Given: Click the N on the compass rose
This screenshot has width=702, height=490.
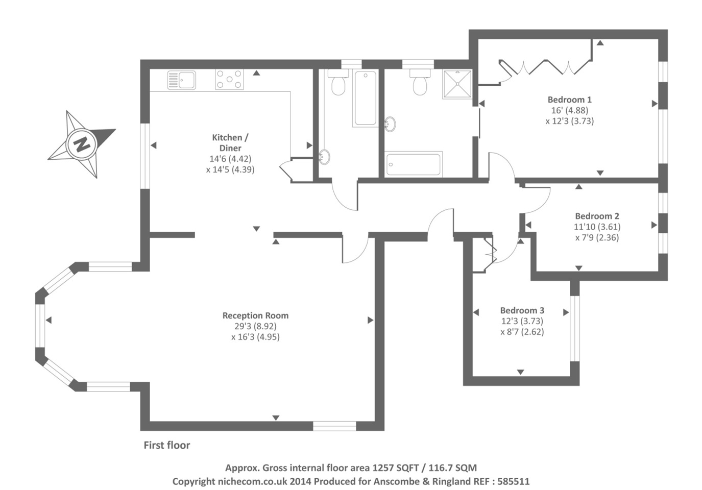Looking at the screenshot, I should (81, 144).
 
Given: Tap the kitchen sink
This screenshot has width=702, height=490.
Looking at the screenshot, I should (182, 80).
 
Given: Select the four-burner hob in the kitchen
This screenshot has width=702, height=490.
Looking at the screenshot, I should (229, 80).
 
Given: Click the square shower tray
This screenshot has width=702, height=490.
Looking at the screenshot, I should (457, 84).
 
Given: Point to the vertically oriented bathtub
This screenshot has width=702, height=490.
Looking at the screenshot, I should (365, 99).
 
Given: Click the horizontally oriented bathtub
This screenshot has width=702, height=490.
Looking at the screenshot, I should (414, 164).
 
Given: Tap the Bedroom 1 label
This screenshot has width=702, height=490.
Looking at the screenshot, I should (569, 100).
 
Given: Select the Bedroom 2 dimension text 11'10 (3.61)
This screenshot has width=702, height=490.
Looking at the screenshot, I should (597, 227).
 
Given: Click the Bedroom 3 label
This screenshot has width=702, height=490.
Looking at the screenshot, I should (522, 310).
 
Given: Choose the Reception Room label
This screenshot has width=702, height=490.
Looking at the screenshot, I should (255, 315).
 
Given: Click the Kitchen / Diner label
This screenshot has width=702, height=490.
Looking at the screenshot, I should (230, 142).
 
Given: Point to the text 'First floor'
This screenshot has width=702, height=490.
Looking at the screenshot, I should (166, 445).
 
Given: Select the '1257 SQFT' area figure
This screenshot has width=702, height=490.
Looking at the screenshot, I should (395, 468).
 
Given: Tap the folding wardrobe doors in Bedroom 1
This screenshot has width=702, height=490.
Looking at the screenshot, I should (546, 67).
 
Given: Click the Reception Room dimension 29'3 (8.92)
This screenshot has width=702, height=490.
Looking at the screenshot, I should (255, 326).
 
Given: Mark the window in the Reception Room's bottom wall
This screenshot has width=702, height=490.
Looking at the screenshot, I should (334, 426).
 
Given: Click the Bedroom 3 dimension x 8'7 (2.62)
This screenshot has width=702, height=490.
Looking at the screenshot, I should (522, 332).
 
